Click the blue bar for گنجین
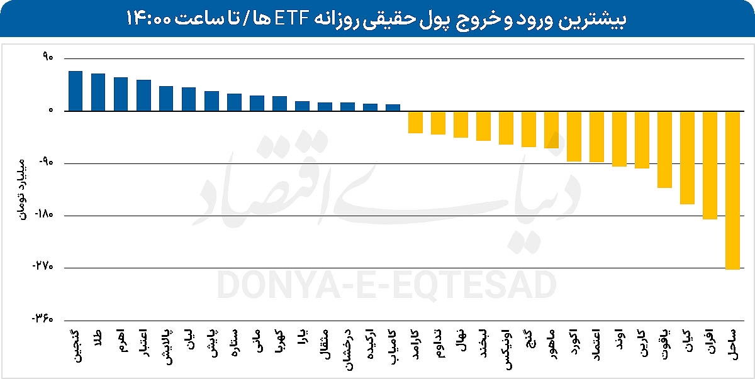click(x=75, y=91)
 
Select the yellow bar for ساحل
click(x=732, y=190)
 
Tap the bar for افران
click(x=710, y=165)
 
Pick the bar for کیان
click(x=687, y=158)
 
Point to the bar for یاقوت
click(x=664, y=150)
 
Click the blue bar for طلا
click(x=98, y=92)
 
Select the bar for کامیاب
click(x=393, y=107)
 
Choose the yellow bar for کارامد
click(x=415, y=122)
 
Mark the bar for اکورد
click(x=574, y=136)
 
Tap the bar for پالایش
click(x=166, y=99)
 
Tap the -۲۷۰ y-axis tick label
click(x=43, y=268)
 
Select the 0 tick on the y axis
click(x=52, y=111)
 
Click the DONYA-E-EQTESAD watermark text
click(x=386, y=285)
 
